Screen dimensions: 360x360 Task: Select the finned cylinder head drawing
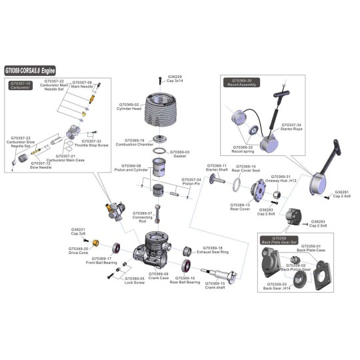163,114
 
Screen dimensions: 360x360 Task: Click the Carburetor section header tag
19,85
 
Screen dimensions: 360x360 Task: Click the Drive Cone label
77,251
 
